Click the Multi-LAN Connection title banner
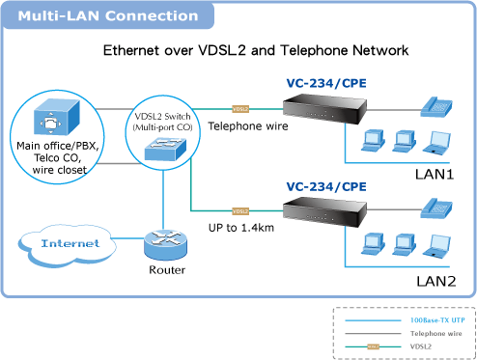pyautogui.click(x=108, y=15)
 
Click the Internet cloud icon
pyautogui.click(x=67, y=245)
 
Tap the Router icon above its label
pyautogui.click(x=165, y=246)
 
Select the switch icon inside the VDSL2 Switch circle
pyautogui.click(x=165, y=149)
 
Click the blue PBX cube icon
pyautogui.click(x=57, y=117)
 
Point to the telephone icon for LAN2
pyautogui.click(x=436, y=209)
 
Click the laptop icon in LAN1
pyautogui.click(x=436, y=143)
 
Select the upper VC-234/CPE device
pyautogui.click(x=324, y=109)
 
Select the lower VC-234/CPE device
pyautogui.click(x=324, y=210)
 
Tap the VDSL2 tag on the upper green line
pyautogui.click(x=240, y=109)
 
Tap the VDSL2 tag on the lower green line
pyautogui.click(x=240, y=211)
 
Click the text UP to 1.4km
pyautogui.click(x=241, y=228)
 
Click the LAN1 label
pyautogui.click(x=435, y=175)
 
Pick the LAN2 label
pyautogui.click(x=436, y=281)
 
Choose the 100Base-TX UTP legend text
pyautogui.click(x=437, y=320)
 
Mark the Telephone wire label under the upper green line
pyautogui.click(x=248, y=126)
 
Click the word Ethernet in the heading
pyautogui.click(x=131, y=50)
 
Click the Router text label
pyautogui.click(x=167, y=269)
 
